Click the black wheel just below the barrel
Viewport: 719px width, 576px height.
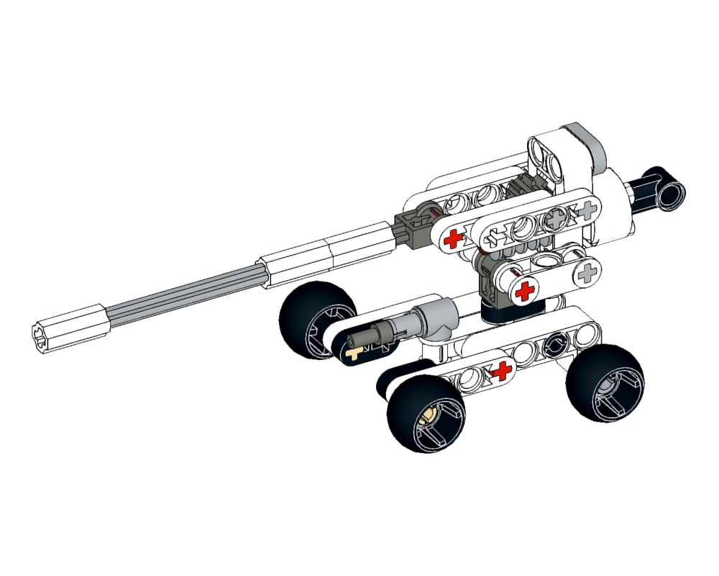click(x=316, y=320)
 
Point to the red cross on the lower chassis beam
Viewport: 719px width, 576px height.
click(x=501, y=371)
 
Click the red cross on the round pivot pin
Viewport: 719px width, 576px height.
click(x=525, y=291)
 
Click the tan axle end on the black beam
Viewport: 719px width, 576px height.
click(x=353, y=354)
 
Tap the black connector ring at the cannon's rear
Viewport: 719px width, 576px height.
click(x=672, y=189)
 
